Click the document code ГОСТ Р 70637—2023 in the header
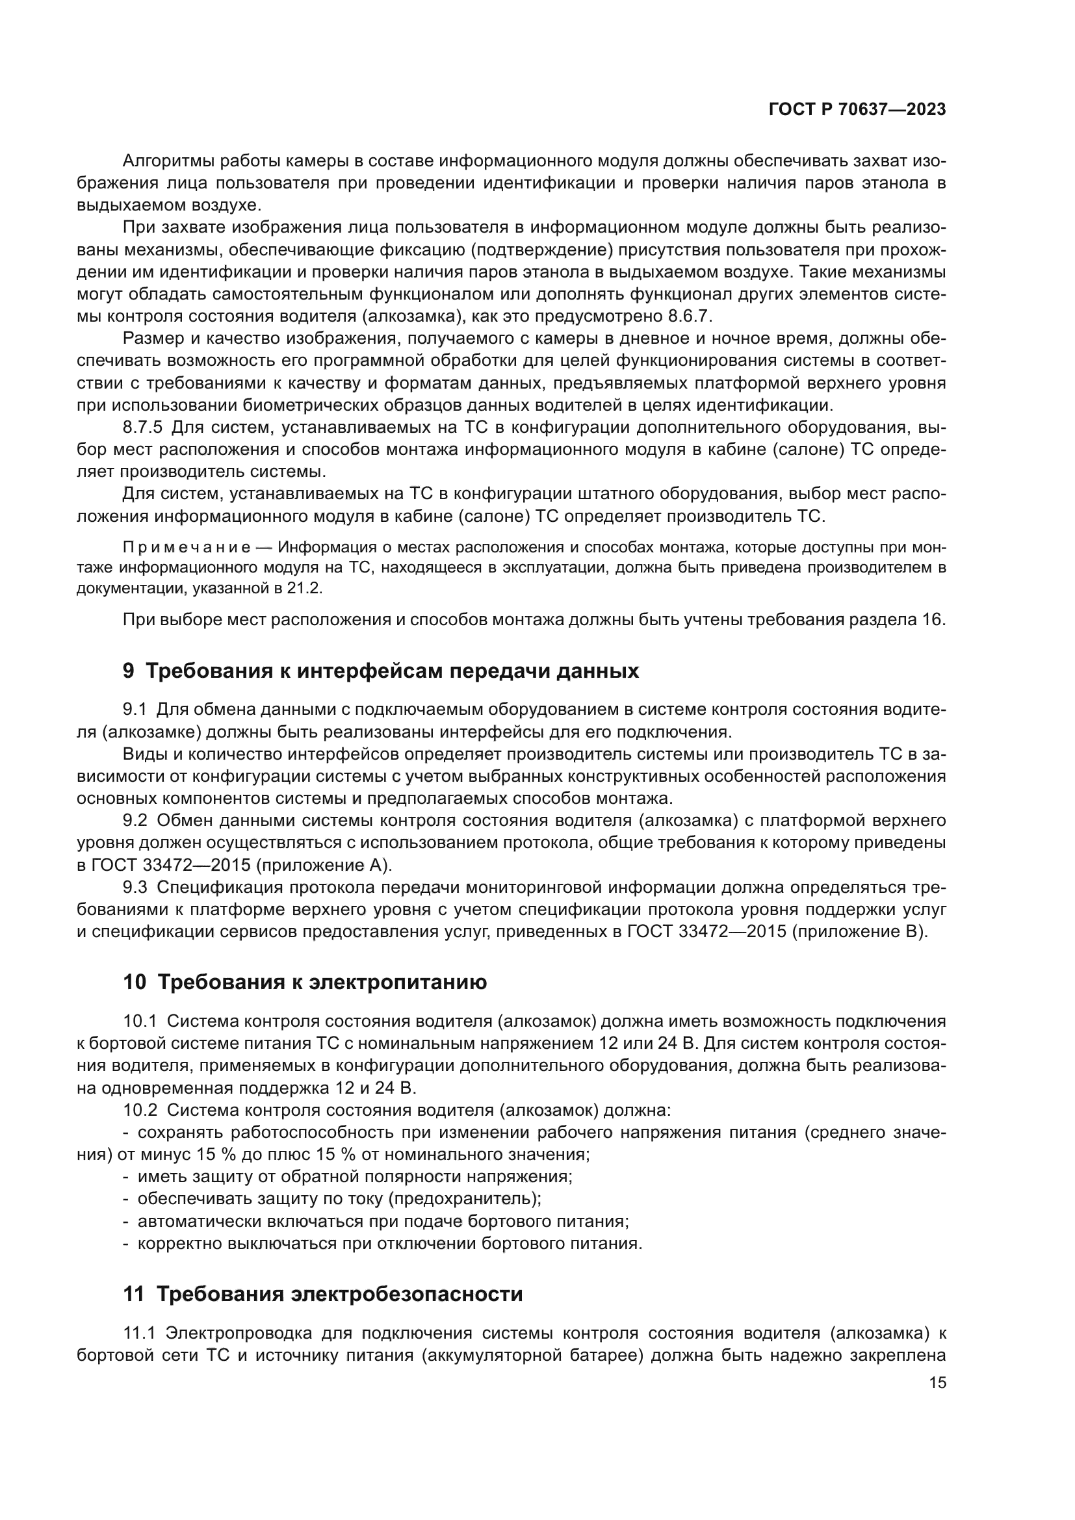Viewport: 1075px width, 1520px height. point(857,110)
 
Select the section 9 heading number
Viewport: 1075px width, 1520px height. point(129,671)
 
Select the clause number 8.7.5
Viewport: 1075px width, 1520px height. point(142,427)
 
